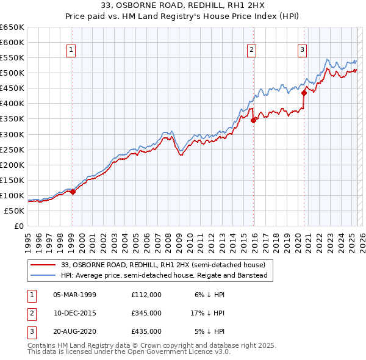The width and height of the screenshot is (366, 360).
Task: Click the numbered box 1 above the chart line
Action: pyautogui.click(x=72, y=50)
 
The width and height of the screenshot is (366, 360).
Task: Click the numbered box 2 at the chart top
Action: pyautogui.click(x=251, y=50)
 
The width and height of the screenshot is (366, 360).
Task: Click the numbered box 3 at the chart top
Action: pyautogui.click(x=302, y=50)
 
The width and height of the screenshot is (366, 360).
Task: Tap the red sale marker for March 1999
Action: pyautogui.click(x=73, y=192)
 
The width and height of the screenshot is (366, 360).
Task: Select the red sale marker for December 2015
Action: pyautogui.click(x=253, y=120)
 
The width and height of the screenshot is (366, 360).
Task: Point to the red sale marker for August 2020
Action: pyautogui.click(x=304, y=93)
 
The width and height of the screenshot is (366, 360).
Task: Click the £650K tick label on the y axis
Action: pyautogui.click(x=12, y=27)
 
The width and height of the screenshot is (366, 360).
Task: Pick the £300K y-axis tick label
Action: pyautogui.click(x=12, y=134)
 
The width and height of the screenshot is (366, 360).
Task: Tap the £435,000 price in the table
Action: pyautogui.click(x=146, y=331)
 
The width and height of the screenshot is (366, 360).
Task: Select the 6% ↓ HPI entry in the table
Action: pyautogui.click(x=210, y=295)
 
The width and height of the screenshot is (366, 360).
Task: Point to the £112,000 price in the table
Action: pyautogui.click(x=146, y=295)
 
